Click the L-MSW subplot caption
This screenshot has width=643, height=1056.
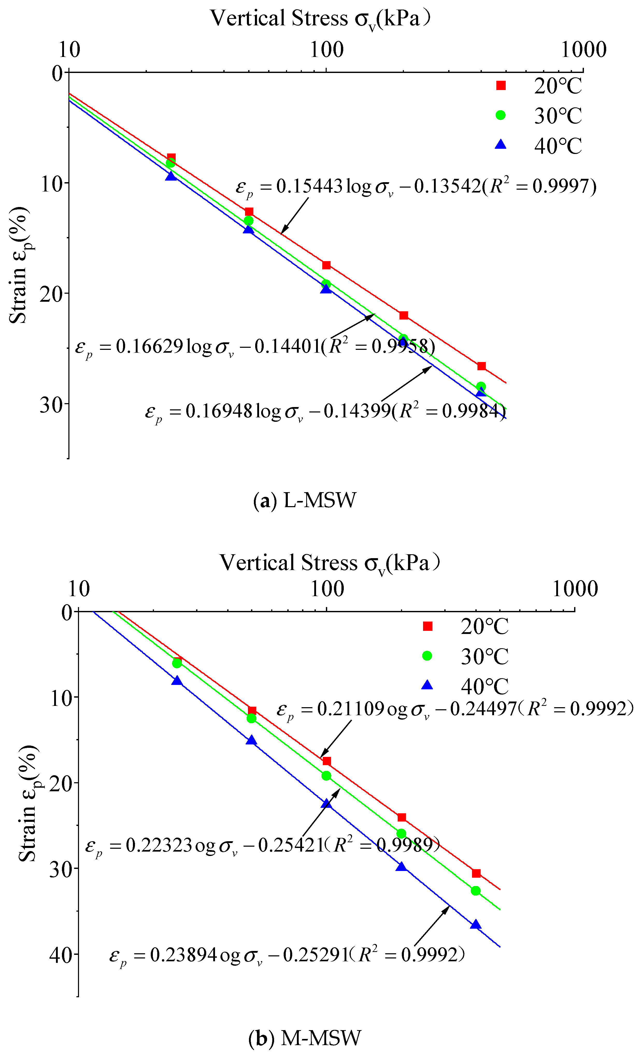305,500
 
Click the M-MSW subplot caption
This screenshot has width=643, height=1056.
305,1038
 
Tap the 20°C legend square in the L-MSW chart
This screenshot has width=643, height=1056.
501,86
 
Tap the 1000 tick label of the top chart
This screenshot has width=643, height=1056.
583,50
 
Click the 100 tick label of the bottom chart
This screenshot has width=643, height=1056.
327,589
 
